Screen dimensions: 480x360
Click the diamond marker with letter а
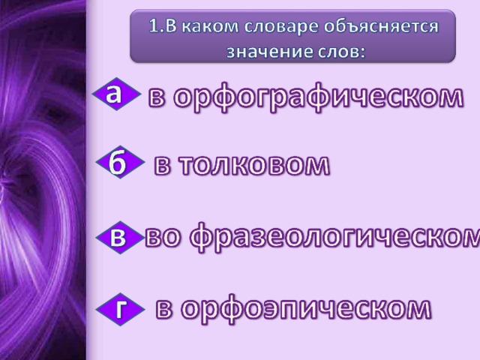click(x=116, y=94)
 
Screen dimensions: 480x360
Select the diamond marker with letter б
click(x=120, y=162)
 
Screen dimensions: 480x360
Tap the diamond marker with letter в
click(x=120, y=238)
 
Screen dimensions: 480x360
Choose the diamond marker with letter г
click(x=120, y=309)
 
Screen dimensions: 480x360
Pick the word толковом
click(x=254, y=165)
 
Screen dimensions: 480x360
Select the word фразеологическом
click(x=335, y=238)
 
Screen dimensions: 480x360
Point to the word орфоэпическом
click(x=306, y=308)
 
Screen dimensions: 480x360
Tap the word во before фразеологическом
click(x=162, y=238)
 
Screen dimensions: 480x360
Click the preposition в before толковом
click(x=162, y=166)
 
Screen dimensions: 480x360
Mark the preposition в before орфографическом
click(x=157, y=97)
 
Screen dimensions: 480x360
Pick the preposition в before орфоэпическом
click(x=163, y=308)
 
